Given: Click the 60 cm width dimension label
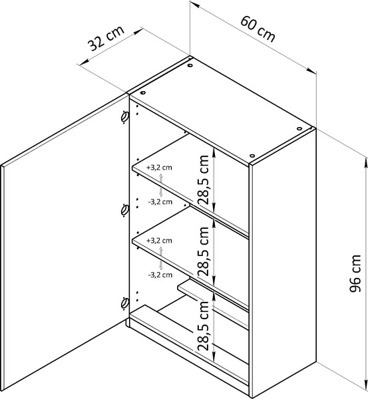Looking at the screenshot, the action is pos(258,29).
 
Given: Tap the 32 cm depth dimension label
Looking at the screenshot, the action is pos(106,38).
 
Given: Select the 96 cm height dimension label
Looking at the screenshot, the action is pos(355,273).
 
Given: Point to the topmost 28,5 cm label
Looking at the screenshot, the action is pos(204,180).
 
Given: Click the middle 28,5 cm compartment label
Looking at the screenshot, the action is pos(204,251).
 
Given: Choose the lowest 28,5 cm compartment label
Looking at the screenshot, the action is pos(204,325).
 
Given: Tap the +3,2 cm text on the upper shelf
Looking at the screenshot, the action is pos(159,168).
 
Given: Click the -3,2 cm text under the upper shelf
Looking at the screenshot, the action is pos(160,201).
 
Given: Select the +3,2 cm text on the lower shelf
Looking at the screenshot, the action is pos(159,241).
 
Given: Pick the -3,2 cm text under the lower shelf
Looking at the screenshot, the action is pos(160,275).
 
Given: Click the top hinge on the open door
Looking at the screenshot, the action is pos(125,117).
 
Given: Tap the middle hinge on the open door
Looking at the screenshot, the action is pos(125,210).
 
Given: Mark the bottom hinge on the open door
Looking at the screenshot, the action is pos(125,303).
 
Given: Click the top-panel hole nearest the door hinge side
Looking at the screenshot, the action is pos(142,93).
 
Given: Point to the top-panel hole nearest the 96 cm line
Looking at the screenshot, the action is pos(299,128).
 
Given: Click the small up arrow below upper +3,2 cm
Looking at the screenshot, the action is pos(160,179).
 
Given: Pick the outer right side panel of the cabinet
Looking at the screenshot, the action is pos(283,262).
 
